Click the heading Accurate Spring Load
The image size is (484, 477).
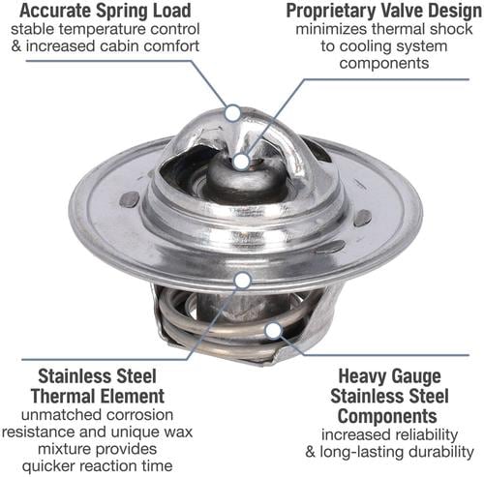[106, 11]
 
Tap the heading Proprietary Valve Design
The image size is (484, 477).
[384, 11]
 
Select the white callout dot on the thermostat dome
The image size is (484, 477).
[232, 112]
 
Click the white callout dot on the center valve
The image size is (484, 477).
[241, 162]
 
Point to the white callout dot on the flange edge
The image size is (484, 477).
[243, 281]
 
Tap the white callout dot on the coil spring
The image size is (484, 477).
[273, 331]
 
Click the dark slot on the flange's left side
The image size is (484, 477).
[130, 199]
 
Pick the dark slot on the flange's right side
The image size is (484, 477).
[363, 218]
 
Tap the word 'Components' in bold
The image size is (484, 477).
[387, 416]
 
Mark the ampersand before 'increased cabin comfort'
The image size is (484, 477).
[16, 45]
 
